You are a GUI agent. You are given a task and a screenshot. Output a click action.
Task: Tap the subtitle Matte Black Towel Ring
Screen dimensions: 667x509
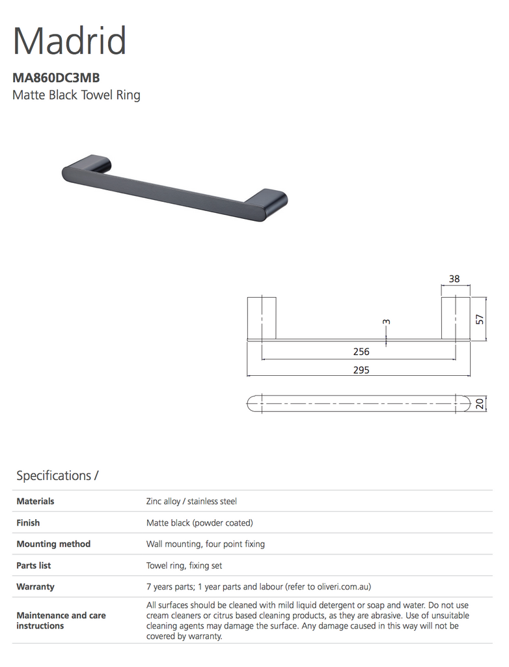pyautogui.click(x=76, y=95)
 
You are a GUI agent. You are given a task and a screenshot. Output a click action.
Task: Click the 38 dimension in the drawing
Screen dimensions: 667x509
pyautogui.click(x=454, y=279)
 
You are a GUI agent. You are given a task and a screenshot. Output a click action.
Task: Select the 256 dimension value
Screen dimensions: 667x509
pyautogui.click(x=361, y=352)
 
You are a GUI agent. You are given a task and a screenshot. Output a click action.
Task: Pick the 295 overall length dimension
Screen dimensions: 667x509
pyautogui.click(x=361, y=369)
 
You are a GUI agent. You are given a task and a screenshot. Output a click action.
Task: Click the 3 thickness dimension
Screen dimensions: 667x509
pyautogui.click(x=386, y=322)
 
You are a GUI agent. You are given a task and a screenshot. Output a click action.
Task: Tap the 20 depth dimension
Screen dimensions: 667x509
pyautogui.click(x=480, y=404)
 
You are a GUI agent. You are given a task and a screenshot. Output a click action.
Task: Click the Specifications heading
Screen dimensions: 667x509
pyautogui.click(x=57, y=475)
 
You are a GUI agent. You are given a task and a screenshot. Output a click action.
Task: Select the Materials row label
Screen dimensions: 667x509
pyautogui.click(x=35, y=502)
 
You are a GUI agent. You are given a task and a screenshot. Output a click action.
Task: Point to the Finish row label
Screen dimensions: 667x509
pyautogui.click(x=28, y=522)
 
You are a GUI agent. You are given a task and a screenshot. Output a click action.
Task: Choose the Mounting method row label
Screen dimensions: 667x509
pyautogui.click(x=53, y=544)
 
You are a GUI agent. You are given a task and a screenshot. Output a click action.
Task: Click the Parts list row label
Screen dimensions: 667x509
pyautogui.click(x=34, y=565)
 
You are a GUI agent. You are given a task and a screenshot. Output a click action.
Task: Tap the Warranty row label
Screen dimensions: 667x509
pyautogui.click(x=35, y=586)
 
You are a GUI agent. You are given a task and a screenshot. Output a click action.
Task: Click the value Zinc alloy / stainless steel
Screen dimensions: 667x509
pyautogui.click(x=191, y=502)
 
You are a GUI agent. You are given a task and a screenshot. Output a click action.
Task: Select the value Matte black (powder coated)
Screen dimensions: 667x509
pyautogui.click(x=199, y=522)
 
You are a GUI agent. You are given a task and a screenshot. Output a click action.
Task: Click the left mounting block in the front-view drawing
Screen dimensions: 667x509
pyautogui.click(x=262, y=318)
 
